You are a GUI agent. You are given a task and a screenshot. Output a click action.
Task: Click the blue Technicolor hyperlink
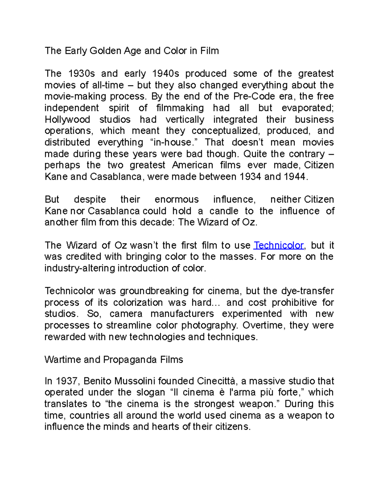pyautogui.click(x=279, y=245)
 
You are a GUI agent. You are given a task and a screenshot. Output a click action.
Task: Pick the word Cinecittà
pyautogui.click(x=216, y=381)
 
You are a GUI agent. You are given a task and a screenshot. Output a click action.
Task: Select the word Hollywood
pyautogui.click(x=67, y=120)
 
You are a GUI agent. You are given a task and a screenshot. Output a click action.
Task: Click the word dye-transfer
pyautogui.click(x=308, y=291)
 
